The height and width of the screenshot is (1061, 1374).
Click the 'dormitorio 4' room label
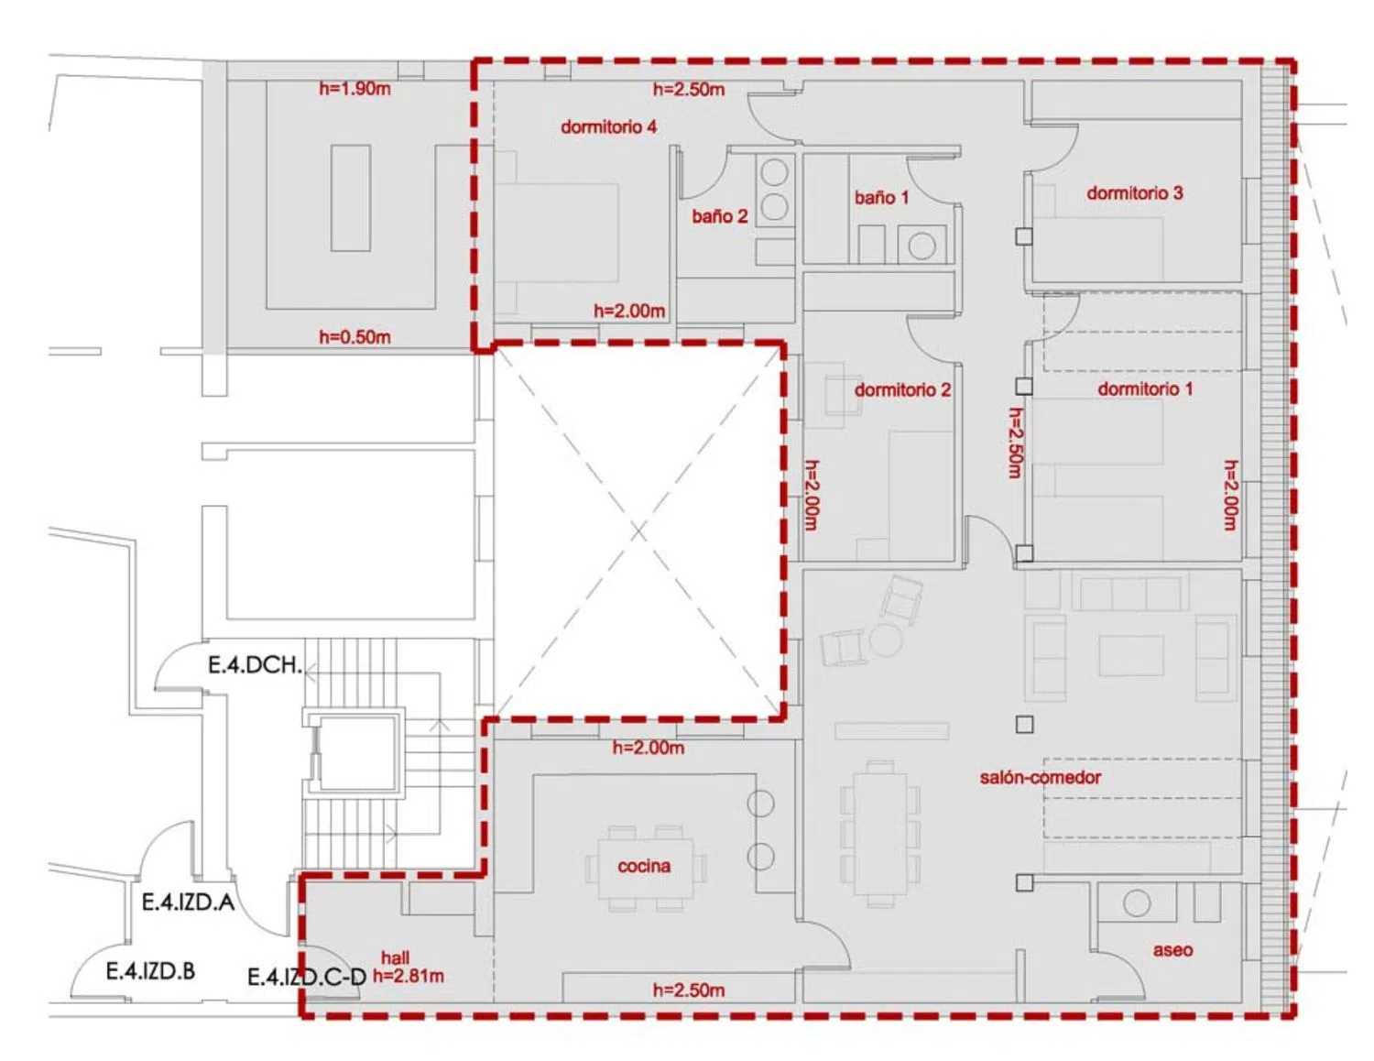point(608,127)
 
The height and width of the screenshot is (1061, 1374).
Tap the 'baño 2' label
point(720,216)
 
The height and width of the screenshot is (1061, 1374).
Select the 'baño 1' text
point(881,197)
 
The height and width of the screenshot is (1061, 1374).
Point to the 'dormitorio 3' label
point(1134,192)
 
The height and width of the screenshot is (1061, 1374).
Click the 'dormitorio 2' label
point(902,389)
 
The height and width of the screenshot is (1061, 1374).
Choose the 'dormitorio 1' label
point(1145,388)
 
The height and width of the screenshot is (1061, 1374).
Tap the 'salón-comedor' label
point(1041,777)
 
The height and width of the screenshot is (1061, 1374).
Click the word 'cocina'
point(644,866)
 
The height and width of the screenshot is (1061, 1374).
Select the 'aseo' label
point(1172,950)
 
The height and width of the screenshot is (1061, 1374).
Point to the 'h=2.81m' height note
point(408,977)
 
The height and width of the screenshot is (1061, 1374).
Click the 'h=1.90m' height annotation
point(354,89)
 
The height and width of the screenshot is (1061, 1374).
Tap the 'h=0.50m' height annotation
point(354,337)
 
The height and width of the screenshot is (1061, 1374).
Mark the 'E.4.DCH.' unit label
point(256,665)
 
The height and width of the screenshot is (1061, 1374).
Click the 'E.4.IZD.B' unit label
point(150,971)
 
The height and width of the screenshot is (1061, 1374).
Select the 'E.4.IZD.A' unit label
point(188,902)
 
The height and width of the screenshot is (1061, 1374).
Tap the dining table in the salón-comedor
point(880,834)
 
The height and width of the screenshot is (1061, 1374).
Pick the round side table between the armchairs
point(885,640)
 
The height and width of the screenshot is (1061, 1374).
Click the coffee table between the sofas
point(1131,656)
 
